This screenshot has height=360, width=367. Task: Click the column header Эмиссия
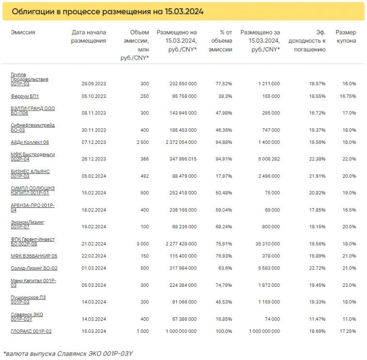pyautogui.click(x=23, y=32)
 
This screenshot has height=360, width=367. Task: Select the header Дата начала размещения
pyautogui.click(x=88, y=37)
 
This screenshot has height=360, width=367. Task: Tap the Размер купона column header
pyautogui.click(x=346, y=37)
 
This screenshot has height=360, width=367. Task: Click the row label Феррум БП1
pyautogui.click(x=25, y=96)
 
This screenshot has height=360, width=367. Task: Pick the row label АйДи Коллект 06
pyautogui.click(x=30, y=142)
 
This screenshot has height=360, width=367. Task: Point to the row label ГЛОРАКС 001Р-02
pyautogui.click(x=31, y=331)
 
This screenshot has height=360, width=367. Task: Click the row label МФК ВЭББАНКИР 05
pyautogui.click(x=34, y=256)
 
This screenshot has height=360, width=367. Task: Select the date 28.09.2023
pyautogui.click(x=94, y=84)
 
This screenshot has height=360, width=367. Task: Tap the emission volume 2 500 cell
pyautogui.click(x=142, y=142)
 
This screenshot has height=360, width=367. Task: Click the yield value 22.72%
pyautogui.click(x=317, y=268)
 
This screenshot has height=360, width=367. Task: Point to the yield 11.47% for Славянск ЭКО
pyautogui.click(x=317, y=319)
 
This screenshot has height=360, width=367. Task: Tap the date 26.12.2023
pyautogui.click(x=94, y=159)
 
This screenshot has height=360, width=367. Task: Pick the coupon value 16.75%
pyautogui.click(x=348, y=96)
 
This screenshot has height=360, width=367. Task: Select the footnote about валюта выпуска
pyautogui.click(x=68, y=353)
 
